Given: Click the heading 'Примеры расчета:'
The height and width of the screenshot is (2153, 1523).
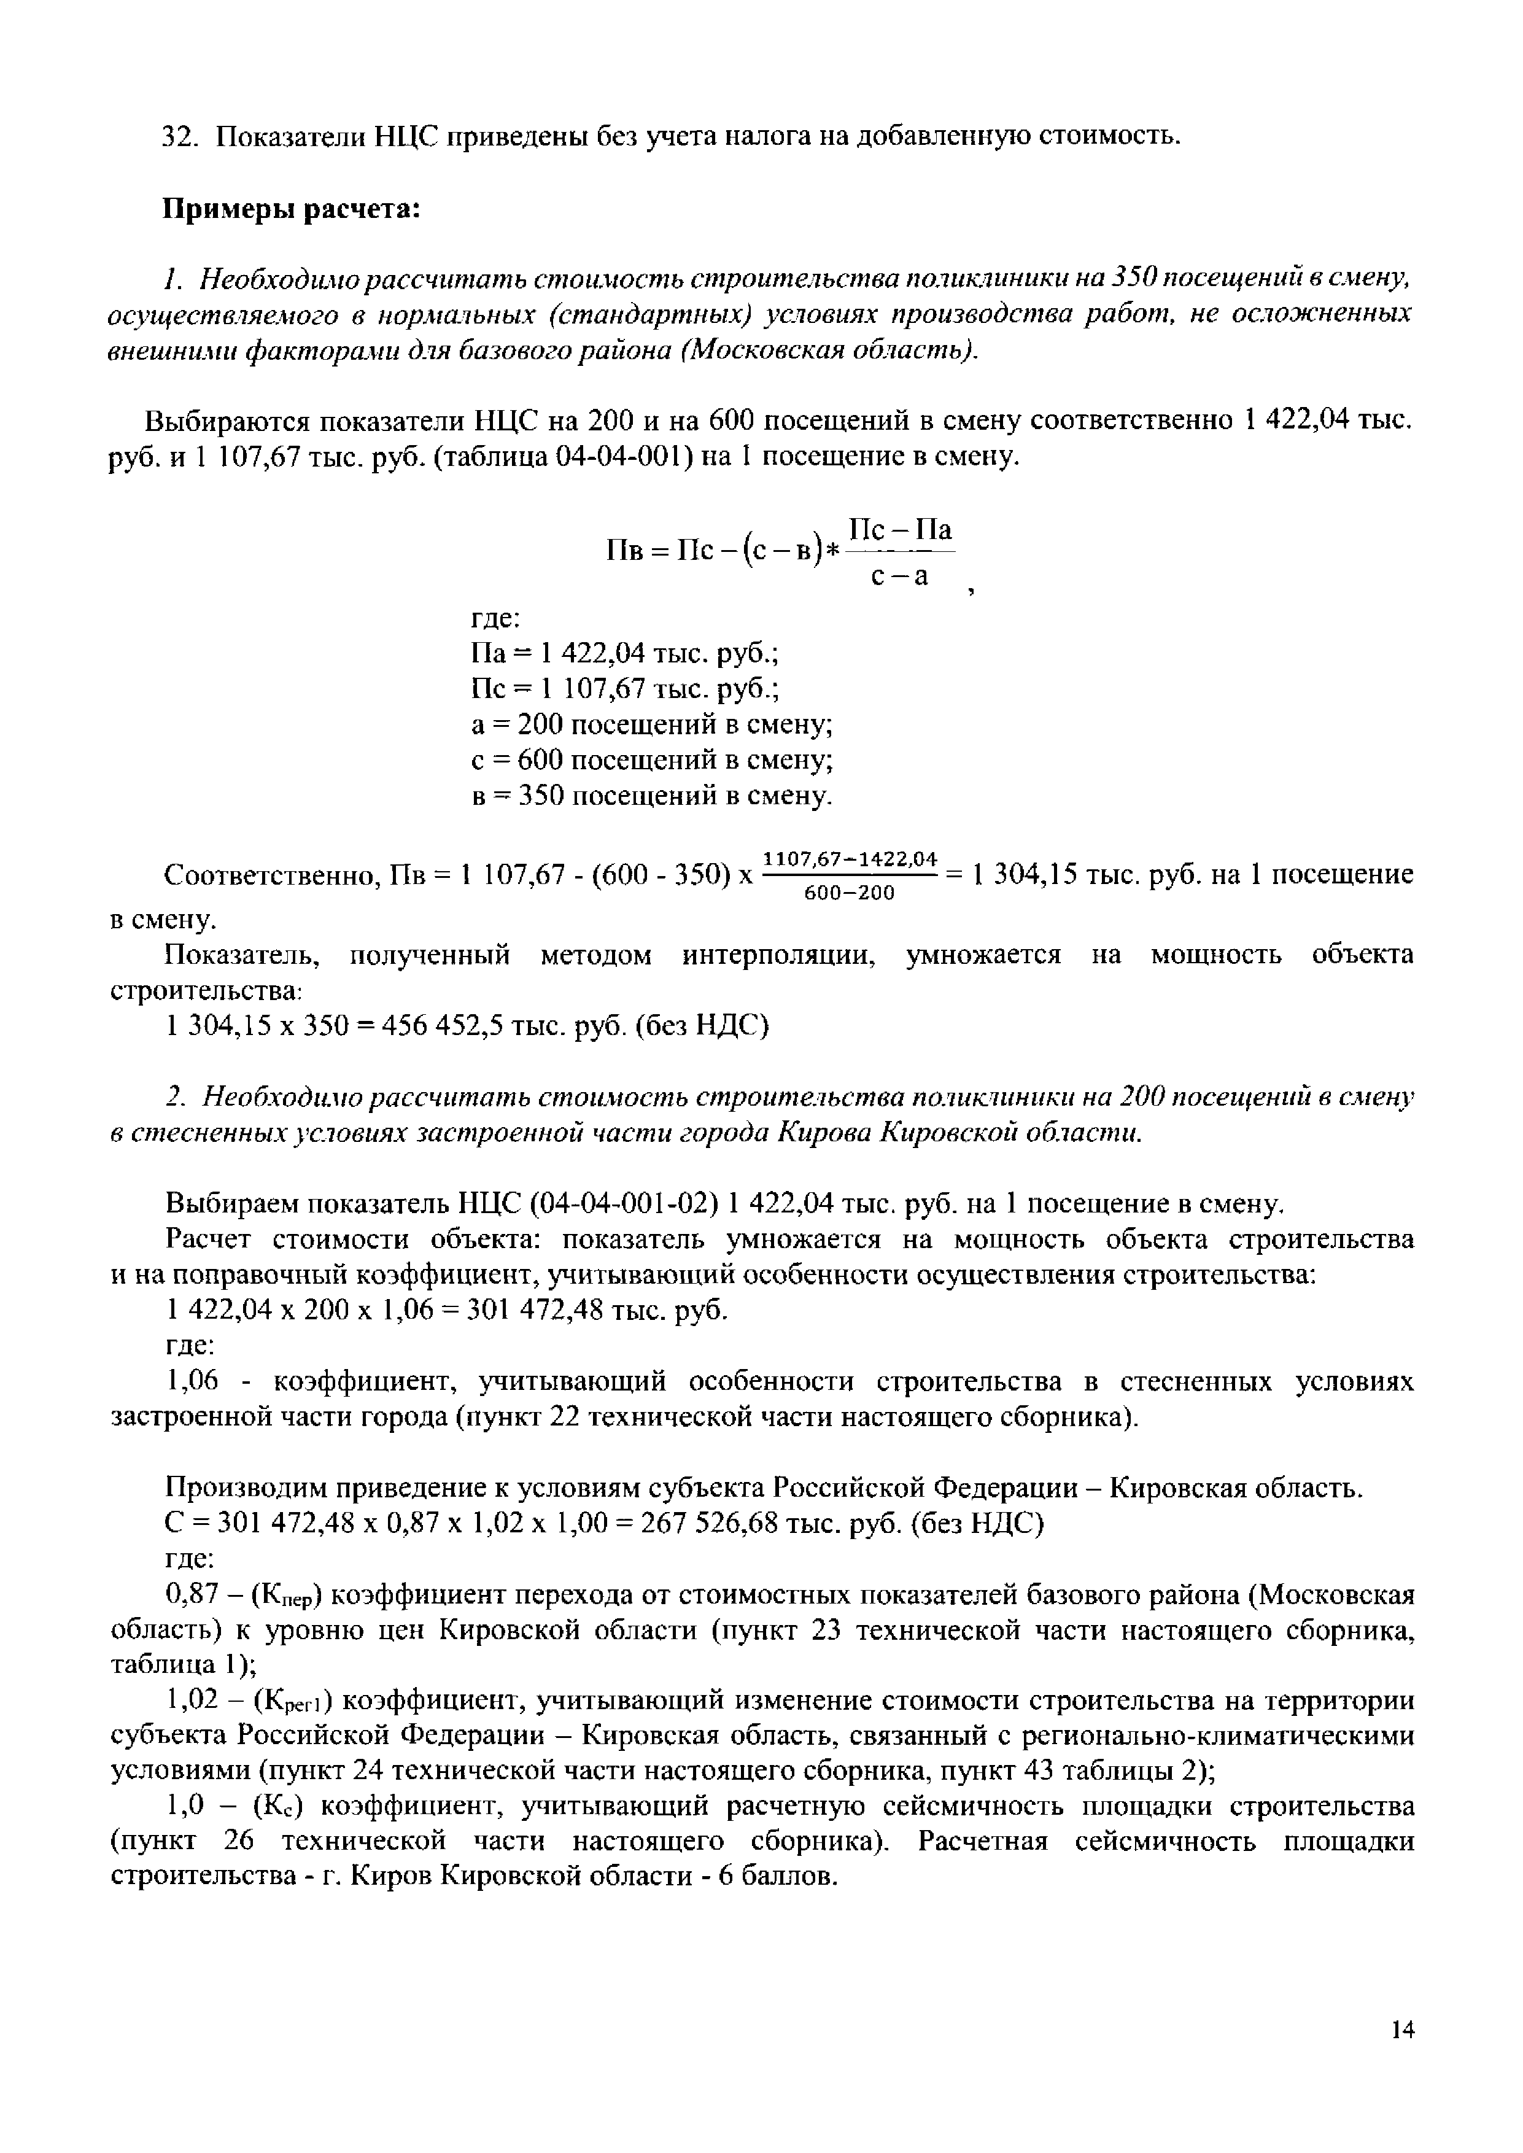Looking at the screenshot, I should point(291,208).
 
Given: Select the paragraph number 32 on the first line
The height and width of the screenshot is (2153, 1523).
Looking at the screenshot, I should point(178,137).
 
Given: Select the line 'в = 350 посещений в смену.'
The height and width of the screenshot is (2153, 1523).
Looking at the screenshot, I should point(651,796).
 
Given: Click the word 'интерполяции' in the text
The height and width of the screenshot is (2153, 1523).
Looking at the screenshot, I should point(780,955).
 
